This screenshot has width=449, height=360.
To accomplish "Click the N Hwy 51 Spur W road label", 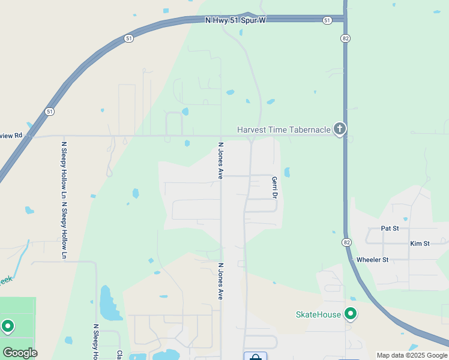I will click(x=235, y=20).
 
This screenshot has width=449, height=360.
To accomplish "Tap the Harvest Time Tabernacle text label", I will click(x=284, y=130).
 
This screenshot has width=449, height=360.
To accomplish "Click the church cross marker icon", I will click(x=340, y=128).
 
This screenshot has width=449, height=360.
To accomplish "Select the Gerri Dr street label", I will click(x=274, y=188).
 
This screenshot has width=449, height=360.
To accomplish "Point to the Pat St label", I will click(x=390, y=229).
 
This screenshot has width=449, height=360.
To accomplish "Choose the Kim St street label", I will click(x=420, y=244).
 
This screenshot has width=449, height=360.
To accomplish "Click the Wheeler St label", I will click(x=372, y=260).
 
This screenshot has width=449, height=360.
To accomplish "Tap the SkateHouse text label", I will click(x=318, y=314).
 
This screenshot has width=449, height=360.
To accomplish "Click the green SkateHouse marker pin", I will click(x=351, y=314).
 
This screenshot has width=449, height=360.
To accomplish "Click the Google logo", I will click(x=20, y=353).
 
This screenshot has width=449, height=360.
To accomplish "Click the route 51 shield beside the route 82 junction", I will click(x=327, y=20).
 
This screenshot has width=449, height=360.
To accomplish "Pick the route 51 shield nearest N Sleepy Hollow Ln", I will click(x=49, y=112).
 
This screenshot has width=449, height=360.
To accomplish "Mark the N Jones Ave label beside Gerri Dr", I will click(x=221, y=161).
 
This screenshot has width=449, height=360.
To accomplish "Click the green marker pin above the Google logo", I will click(x=8, y=326).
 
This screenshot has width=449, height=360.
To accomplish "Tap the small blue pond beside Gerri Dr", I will click(x=287, y=173).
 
